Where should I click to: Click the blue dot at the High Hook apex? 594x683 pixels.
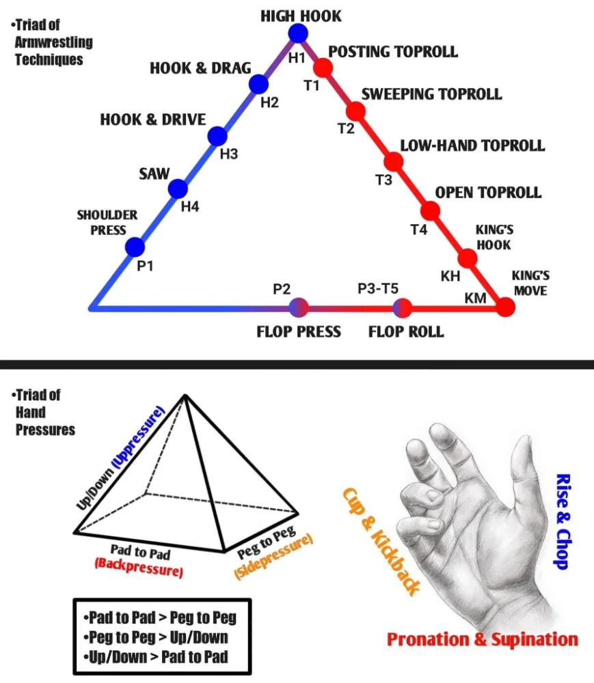(x=298, y=33)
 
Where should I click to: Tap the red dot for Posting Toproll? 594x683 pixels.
(x=323, y=68)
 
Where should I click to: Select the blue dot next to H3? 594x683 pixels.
(x=217, y=136)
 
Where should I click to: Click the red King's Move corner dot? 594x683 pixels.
(x=505, y=307)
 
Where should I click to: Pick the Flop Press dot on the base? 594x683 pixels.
(x=299, y=308)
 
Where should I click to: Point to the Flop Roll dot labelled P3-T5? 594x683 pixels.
(x=403, y=308)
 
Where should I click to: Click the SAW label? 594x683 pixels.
(x=154, y=173)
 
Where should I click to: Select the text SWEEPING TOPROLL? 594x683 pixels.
(x=431, y=94)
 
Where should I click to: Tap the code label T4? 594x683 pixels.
(x=419, y=230)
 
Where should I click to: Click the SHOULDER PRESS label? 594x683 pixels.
(x=107, y=223)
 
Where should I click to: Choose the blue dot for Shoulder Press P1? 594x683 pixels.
(x=135, y=247)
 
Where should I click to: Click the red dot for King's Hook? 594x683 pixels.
(x=468, y=258)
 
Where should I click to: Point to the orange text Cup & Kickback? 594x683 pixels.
(x=380, y=540)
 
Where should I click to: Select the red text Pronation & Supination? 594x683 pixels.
(x=482, y=640)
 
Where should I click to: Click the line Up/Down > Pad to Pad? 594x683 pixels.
(x=158, y=657)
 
